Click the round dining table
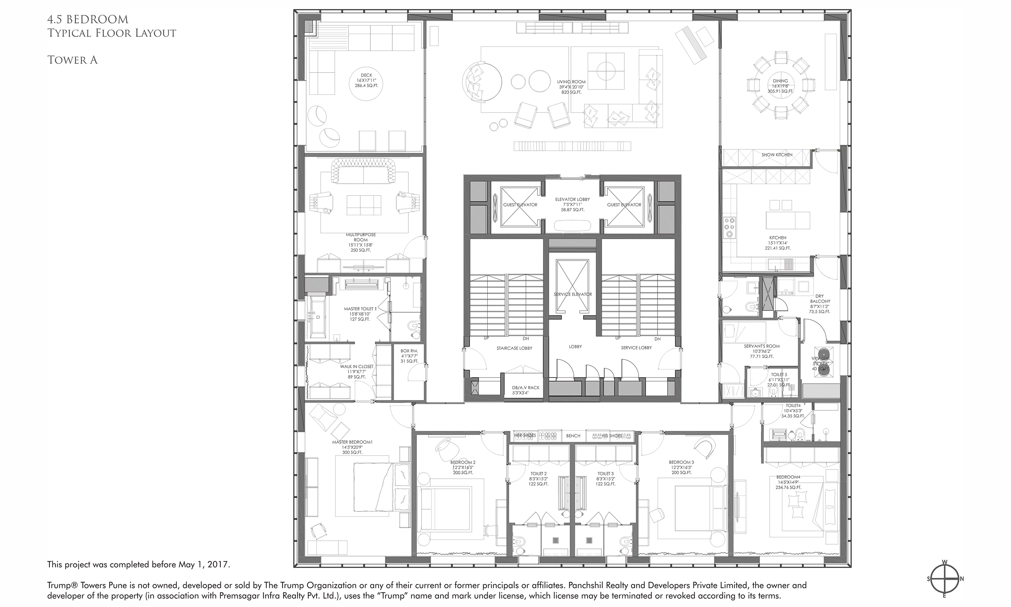(x=780, y=86)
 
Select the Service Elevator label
(x=573, y=294)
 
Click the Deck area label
(x=366, y=81)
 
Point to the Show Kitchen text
(x=776, y=155)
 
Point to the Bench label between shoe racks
(x=573, y=435)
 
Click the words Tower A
(x=72, y=60)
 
